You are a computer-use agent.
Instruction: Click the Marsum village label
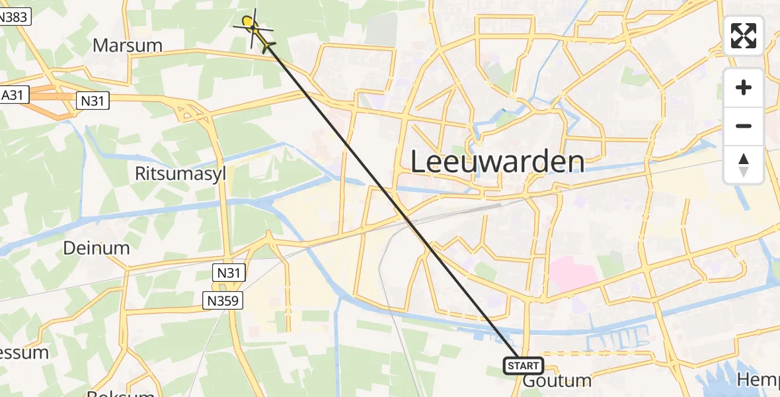128,46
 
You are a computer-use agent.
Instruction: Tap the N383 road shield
14,17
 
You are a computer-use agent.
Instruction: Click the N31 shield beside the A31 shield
92,101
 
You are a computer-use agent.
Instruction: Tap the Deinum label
97,248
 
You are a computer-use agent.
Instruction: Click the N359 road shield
223,301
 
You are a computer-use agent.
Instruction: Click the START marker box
524,365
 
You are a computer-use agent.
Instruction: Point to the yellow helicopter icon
254,30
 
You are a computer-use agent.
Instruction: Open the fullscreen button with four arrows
744,36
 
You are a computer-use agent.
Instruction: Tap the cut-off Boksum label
120,394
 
